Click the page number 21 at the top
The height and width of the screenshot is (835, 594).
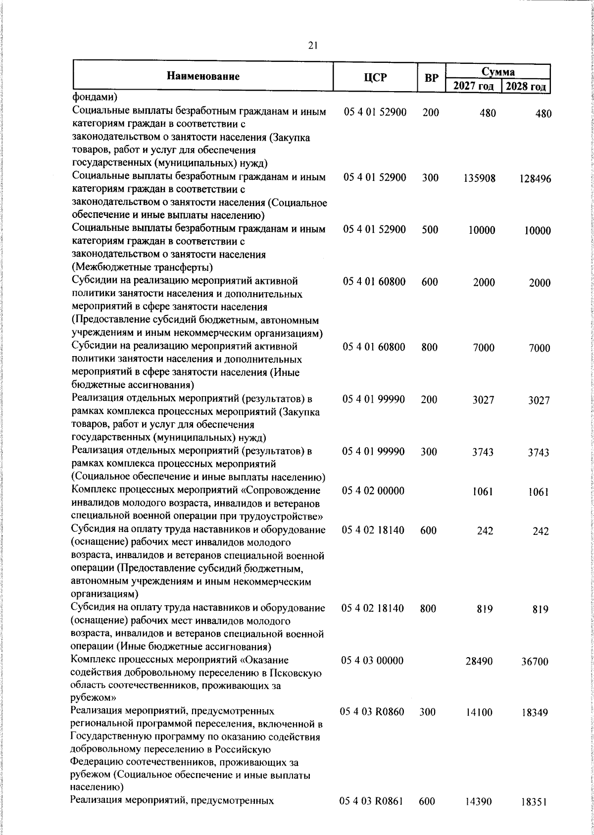(312, 46)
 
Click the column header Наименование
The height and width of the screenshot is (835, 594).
(203, 76)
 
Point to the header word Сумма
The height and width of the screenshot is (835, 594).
(498, 72)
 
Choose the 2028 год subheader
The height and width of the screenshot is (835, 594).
(525, 87)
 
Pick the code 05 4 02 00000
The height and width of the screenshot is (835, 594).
(373, 491)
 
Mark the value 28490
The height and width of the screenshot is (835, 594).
(479, 661)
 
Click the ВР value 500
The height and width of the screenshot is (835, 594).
(430, 230)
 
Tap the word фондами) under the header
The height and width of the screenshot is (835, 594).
(94, 97)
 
